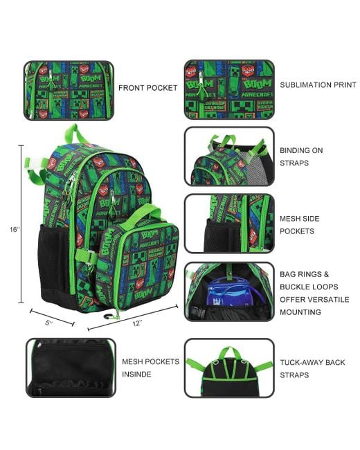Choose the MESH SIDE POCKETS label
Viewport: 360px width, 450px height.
(299, 224)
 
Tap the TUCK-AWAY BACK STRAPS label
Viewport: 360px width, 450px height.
(309, 368)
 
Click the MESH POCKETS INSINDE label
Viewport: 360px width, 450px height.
(150, 368)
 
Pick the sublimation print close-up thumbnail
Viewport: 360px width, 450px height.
(228, 88)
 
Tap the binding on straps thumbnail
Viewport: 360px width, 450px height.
(228, 156)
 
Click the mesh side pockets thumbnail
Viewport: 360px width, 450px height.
(228, 223)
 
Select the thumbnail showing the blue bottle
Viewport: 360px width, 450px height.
(228, 291)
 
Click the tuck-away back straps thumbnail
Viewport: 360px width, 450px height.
(228, 368)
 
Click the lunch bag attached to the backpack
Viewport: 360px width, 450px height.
(141, 260)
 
